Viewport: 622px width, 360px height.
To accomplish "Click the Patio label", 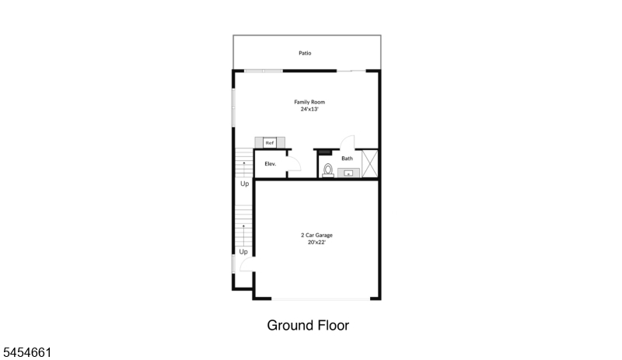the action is pos(305,53).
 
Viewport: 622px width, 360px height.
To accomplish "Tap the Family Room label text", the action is pos(309,102).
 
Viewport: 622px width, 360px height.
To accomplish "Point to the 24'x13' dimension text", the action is pos(309,109).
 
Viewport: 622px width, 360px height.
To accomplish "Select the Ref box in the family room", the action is pos(270,142).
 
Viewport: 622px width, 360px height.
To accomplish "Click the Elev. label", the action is pos(270,163).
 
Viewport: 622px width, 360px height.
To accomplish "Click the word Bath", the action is pos(347,159).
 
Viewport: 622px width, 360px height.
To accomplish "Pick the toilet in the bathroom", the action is pos(328,170).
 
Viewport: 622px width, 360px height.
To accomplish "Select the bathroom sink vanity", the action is pos(348,173).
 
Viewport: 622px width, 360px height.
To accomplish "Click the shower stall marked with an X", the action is pos(370,163).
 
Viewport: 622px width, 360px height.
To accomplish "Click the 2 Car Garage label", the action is pos(316,235).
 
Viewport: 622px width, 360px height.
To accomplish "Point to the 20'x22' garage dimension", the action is pos(316,242).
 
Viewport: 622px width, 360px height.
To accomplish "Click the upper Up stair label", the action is pos(244,183).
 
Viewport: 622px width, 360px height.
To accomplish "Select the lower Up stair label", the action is pos(243,252).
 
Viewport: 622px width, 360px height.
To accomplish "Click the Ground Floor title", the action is pos(308,326).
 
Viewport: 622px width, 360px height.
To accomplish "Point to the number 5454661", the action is pos(27,352).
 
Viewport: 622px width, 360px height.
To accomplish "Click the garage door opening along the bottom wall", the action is pos(320,299).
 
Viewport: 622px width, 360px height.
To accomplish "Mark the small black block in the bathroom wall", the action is pos(325,152).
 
